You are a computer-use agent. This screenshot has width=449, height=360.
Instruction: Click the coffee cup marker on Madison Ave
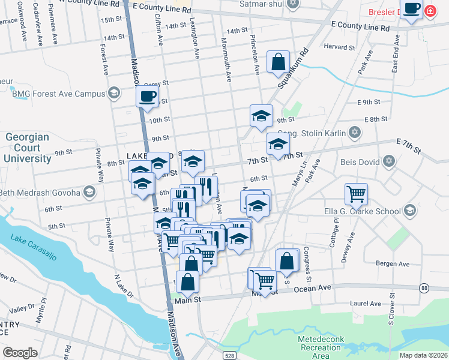pos(147,96)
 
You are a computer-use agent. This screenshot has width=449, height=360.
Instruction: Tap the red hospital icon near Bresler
pos(430,11)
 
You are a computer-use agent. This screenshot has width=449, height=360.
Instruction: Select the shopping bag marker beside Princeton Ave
pos(279,62)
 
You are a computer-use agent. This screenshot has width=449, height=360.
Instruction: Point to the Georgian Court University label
pos(28,148)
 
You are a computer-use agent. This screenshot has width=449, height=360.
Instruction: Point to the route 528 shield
pos(231,355)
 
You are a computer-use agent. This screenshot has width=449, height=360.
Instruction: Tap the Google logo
pos(20,353)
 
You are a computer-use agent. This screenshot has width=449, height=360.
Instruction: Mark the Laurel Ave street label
pos(366,304)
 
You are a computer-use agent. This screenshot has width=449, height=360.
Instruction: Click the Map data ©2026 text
pos(423,355)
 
